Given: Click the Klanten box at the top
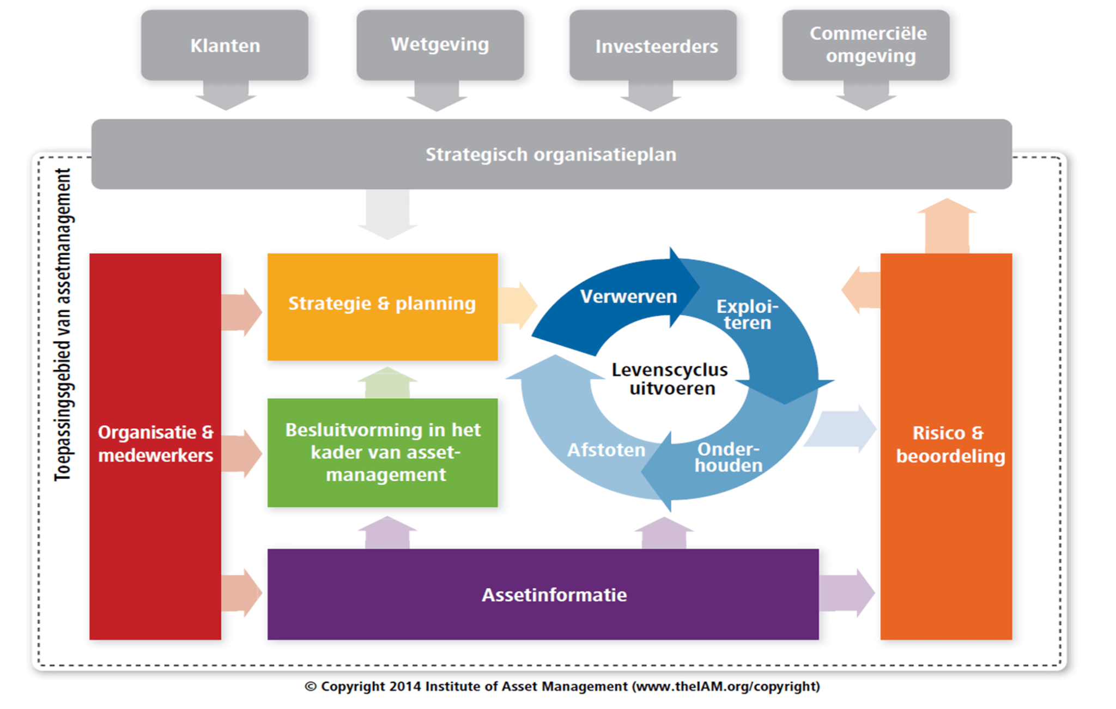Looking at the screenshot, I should [225, 45].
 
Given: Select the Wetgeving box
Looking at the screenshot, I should [440, 45].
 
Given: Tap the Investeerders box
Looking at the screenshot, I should [656, 46].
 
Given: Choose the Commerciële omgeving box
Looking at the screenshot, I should [868, 45].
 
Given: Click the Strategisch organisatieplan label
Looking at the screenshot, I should [550, 155].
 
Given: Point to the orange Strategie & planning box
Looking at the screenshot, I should [382, 304].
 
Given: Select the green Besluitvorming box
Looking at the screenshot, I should [383, 452].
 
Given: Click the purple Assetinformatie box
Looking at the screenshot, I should [554, 595].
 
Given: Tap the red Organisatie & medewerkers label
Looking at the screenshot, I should [155, 444].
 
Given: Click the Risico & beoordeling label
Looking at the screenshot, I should [949, 444].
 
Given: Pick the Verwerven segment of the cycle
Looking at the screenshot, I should [628, 297].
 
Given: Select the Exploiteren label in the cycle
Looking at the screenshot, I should [747, 314].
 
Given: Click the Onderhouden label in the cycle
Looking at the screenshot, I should [728, 457].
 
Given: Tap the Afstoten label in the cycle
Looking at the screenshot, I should [606, 450].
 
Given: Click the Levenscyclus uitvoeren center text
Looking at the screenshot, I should [670, 379].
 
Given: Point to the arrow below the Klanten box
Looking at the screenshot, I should [226, 96].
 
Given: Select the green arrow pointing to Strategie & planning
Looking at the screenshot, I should [387, 383].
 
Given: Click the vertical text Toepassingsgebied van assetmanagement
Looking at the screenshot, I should [63, 324].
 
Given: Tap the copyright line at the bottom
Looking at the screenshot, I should [561, 687].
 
